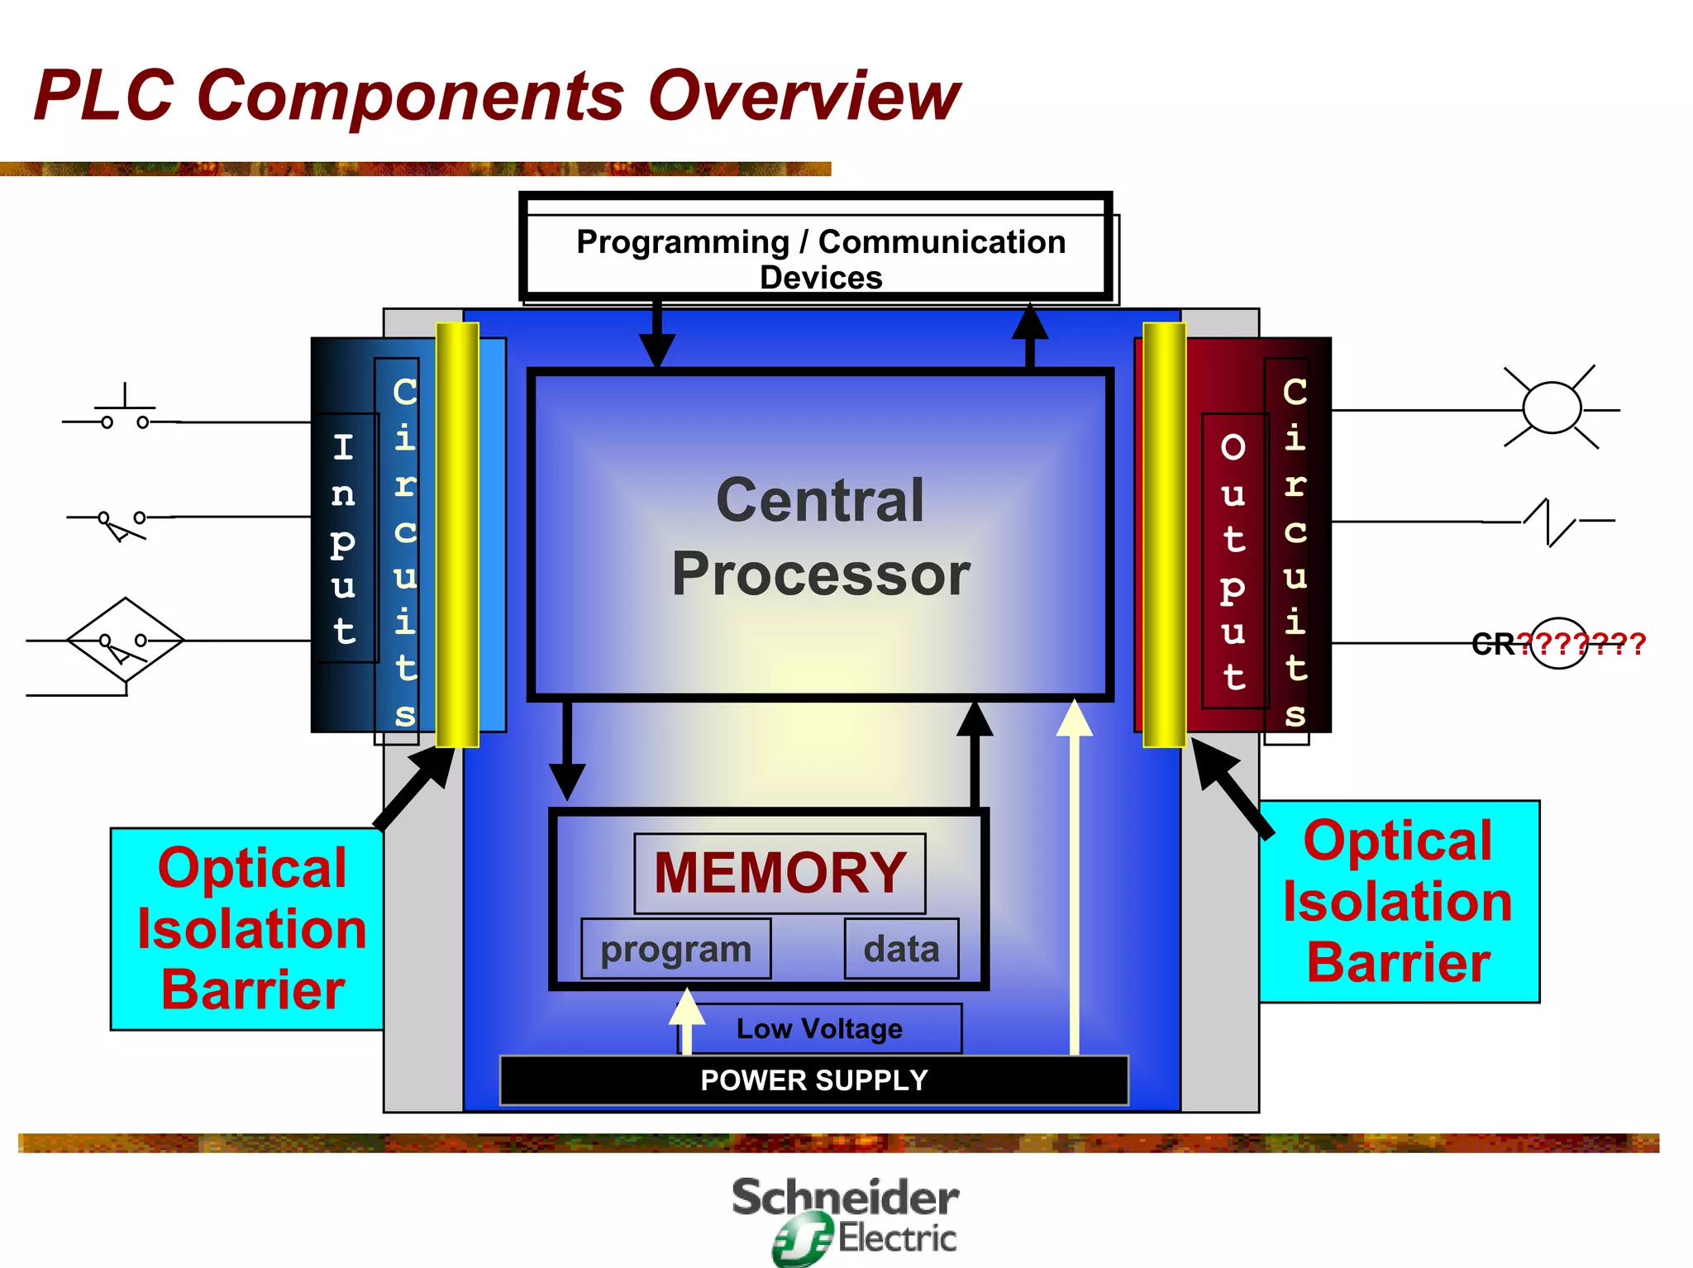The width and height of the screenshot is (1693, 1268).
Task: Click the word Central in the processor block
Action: point(820,501)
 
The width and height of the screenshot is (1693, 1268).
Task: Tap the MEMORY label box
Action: point(780,873)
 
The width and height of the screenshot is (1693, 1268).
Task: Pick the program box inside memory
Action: point(675,949)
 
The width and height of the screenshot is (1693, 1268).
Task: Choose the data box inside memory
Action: point(901,949)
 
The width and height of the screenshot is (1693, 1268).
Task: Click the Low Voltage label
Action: point(819,1029)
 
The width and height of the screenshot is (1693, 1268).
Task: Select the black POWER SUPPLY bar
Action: point(813,1080)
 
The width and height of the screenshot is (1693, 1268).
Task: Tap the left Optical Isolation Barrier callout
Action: point(248,928)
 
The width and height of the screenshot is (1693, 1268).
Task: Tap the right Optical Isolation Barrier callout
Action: point(1399,902)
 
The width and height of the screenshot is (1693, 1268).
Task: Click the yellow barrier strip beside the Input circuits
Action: point(457,535)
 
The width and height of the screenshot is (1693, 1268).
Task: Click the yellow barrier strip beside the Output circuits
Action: point(1164,535)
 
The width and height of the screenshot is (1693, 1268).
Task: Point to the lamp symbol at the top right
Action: point(1552,408)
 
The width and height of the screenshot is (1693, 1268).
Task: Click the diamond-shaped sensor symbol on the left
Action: point(125,641)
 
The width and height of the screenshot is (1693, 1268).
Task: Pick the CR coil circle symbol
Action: point(1558,643)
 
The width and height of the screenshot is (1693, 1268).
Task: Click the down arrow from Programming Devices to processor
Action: point(657,335)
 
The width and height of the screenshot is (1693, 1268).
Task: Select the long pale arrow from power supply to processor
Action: point(1075,876)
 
